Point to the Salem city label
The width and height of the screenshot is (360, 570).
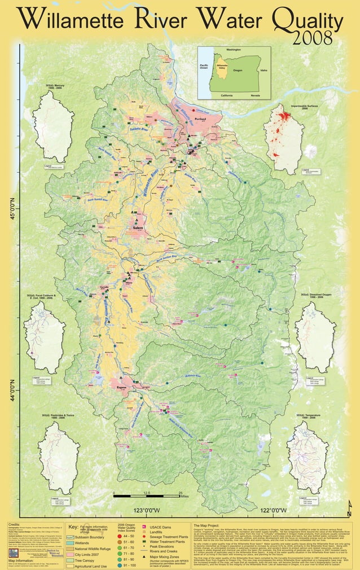pyautogui.click(x=138, y=227)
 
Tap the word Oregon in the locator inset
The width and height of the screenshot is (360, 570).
pyautogui.click(x=237, y=71)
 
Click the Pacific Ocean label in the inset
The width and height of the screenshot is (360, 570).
pyautogui.click(x=204, y=67)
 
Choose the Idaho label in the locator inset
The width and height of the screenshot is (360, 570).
pyautogui.click(x=264, y=71)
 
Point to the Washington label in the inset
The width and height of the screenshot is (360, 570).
pyautogui.click(x=233, y=50)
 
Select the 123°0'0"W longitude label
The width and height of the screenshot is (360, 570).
pyautogui.click(x=147, y=511)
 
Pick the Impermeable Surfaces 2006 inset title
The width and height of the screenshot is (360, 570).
pyautogui.click(x=307, y=107)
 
